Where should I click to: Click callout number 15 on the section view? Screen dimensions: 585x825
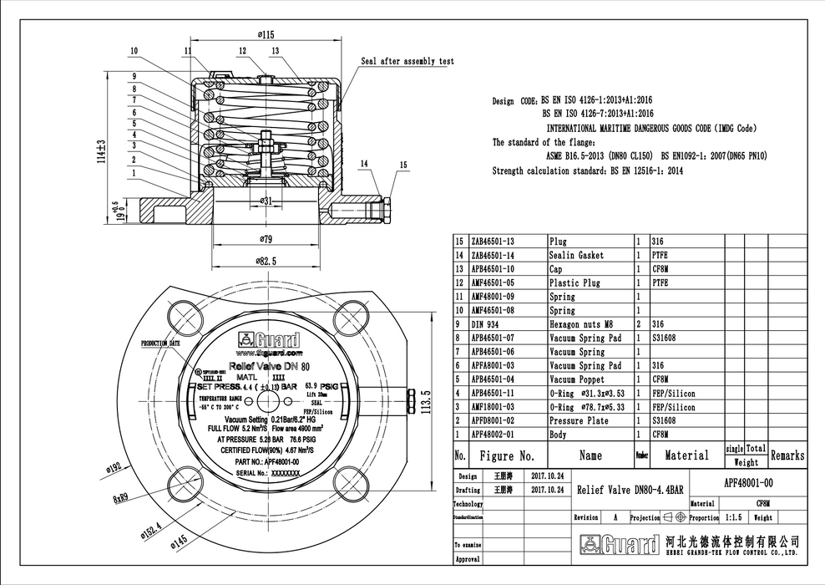pyautogui.click(x=403, y=165)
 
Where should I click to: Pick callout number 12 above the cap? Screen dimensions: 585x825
pyautogui.click(x=242, y=51)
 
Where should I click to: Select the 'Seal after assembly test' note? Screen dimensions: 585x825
pyautogui.click(x=407, y=62)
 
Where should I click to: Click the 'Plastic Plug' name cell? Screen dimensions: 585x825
pyautogui.click(x=574, y=283)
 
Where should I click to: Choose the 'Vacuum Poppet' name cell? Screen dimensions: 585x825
pyautogui.click(x=577, y=379)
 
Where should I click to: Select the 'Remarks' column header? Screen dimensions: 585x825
pyautogui.click(x=787, y=455)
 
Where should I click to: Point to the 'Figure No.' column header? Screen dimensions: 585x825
pyautogui.click(x=506, y=456)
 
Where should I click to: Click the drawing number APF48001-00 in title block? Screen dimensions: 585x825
pyautogui.click(x=748, y=482)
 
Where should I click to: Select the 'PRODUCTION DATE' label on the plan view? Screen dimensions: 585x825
pyautogui.click(x=160, y=343)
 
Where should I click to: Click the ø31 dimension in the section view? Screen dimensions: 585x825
pyautogui.click(x=265, y=201)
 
